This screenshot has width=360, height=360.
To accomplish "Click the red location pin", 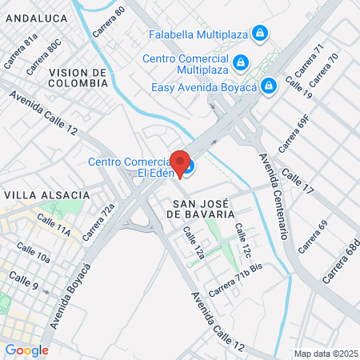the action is (x=181, y=162).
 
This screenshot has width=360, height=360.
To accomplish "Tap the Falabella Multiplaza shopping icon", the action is (x=258, y=34).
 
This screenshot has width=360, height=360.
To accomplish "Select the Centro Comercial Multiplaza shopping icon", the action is (x=240, y=60).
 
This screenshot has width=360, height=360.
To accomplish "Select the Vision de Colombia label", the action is (x=78, y=77).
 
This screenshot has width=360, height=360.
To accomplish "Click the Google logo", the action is (x=26, y=350).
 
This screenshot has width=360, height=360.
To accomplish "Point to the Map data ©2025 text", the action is (x=325, y=354).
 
